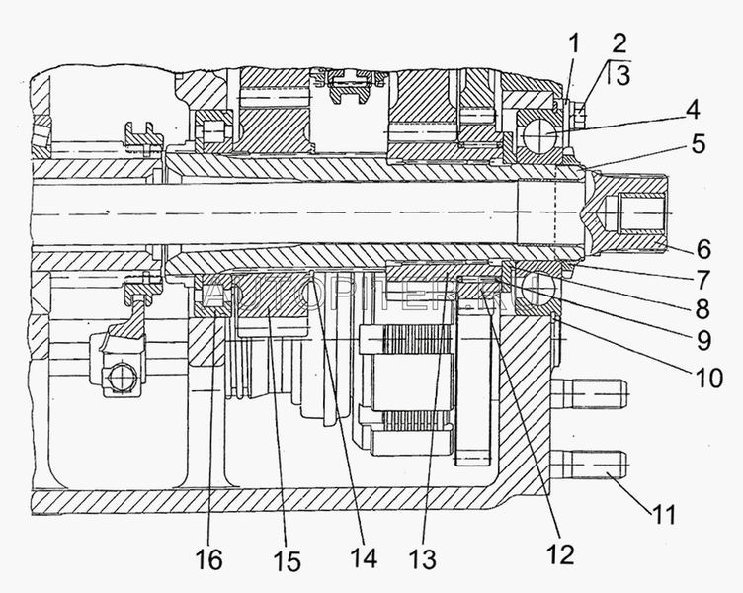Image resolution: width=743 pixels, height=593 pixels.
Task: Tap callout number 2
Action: (x=619, y=43)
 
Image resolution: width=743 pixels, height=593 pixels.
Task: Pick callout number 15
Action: (x=288, y=561)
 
